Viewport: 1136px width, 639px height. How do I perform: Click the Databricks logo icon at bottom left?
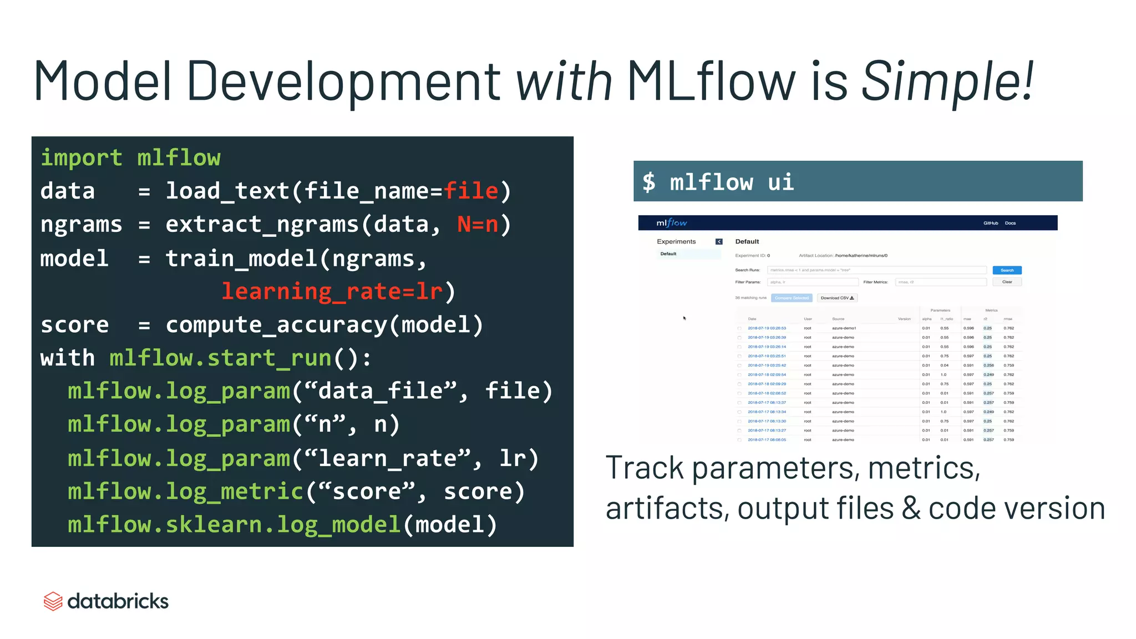click(53, 601)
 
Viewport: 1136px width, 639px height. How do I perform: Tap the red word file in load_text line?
click(471, 191)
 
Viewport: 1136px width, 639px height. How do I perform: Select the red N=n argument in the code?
click(478, 225)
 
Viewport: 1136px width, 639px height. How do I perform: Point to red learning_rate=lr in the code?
click(332, 292)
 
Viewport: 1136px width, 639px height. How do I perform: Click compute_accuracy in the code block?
click(276, 325)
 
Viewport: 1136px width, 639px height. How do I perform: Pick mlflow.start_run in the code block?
click(220, 358)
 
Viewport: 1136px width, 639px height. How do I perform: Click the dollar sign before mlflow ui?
click(648, 182)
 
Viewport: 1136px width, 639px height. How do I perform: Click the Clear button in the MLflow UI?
click(1007, 282)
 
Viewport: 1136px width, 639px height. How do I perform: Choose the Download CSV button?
click(837, 298)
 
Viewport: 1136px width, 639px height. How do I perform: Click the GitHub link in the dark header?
click(990, 223)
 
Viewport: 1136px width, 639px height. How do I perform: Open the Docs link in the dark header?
click(1010, 223)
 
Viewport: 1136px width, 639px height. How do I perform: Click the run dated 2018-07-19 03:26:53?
click(767, 328)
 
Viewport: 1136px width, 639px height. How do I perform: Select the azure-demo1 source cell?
click(844, 328)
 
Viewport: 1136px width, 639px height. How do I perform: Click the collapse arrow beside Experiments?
click(719, 241)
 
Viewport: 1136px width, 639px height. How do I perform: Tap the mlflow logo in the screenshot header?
click(671, 223)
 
